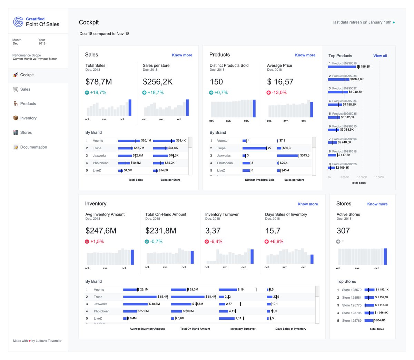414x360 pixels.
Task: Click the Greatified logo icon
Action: pyautogui.click(x=18, y=22)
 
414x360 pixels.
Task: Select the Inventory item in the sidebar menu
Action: pyautogui.click(x=28, y=118)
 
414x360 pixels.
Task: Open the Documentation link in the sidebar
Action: pyautogui.click(x=33, y=147)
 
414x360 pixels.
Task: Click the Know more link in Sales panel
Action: pyautogui.click(x=182, y=55)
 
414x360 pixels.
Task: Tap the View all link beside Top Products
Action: pyautogui.click(x=380, y=56)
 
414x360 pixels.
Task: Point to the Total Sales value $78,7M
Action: pyautogui.click(x=99, y=82)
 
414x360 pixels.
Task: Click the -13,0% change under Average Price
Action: pyautogui.click(x=279, y=93)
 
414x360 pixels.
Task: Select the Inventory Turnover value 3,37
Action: pyautogui.click(x=213, y=231)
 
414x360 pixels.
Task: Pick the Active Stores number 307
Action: pyautogui.click(x=343, y=231)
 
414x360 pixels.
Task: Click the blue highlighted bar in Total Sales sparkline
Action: pyautogui.click(x=130, y=108)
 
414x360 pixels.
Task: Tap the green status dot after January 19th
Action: pyautogui.click(x=394, y=22)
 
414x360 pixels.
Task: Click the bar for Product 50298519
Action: pyautogui.click(x=342, y=67)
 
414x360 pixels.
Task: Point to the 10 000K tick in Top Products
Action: pyautogui.click(x=362, y=177)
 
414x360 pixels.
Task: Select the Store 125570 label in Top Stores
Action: pyautogui.click(x=352, y=290)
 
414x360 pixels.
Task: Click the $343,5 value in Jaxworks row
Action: pyautogui.click(x=305, y=156)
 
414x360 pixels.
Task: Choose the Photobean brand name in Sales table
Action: pyautogui.click(x=100, y=163)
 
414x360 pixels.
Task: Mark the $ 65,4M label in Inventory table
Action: pyautogui.click(x=162, y=297)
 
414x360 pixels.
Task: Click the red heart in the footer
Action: pyautogui.click(x=30, y=341)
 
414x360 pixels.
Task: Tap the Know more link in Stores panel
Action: pyautogui.click(x=377, y=204)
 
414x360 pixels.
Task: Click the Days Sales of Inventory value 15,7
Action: pyautogui.click(x=273, y=231)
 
